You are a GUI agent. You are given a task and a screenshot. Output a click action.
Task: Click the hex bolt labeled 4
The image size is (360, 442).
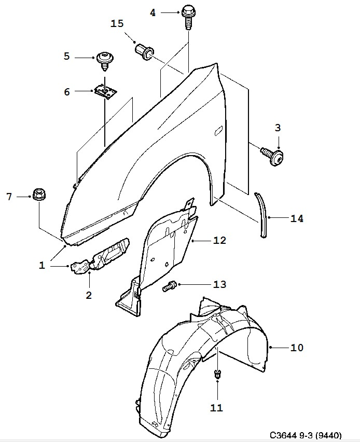188,17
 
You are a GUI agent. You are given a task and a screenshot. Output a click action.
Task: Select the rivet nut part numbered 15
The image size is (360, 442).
145,52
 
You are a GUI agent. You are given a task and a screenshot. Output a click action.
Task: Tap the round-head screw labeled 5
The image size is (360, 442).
105,61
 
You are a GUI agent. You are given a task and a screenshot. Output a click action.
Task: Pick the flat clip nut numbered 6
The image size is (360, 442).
105,92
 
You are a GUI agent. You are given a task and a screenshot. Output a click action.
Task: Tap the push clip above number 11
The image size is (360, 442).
217,374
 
